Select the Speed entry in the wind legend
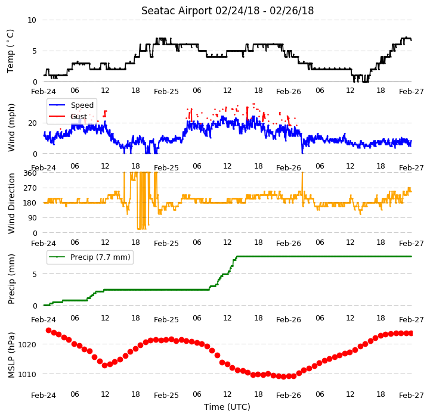coord(82,105)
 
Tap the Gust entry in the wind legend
coord(79,116)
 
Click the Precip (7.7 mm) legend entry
coord(100,257)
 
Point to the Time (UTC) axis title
coord(227,407)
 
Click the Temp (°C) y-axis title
coord(10,51)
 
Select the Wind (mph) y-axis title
coord(11,127)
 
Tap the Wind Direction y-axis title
coord(11,203)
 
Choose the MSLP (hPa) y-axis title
coord(11,355)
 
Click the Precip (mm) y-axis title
coord(11,279)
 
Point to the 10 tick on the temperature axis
coord(32,20)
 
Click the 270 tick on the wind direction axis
coord(30,188)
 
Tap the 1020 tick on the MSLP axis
coord(27,345)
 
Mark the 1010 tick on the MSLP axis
coord(27,374)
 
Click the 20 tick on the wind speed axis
coord(32,123)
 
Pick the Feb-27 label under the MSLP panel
coord(412,396)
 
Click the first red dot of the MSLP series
coord(48,331)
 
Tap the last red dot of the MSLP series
coord(411,334)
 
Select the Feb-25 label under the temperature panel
coord(166,92)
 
